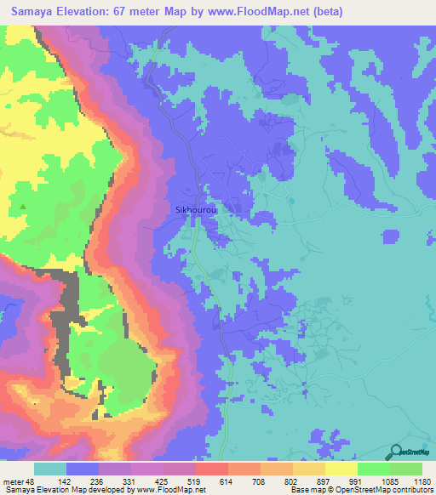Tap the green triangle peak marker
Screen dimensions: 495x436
click(x=23, y=207)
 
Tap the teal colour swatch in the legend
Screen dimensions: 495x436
click(x=50, y=469)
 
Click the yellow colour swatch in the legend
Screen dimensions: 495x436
click(x=341, y=469)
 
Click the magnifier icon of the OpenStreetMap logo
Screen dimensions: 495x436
click(x=395, y=451)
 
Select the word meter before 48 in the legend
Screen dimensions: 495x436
click(x=15, y=481)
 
